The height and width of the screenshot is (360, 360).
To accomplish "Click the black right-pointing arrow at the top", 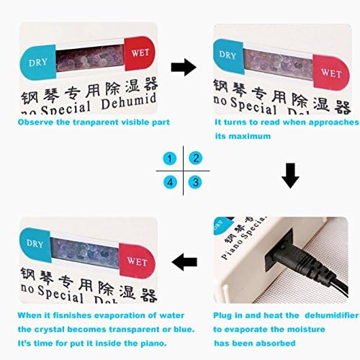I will pyautogui.click(x=184, y=68).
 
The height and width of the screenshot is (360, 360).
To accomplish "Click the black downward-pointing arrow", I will pyautogui.click(x=289, y=175).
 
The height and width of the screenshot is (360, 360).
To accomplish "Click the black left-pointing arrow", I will pyautogui.click(x=184, y=262).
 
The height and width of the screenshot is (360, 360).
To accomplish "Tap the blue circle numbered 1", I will pyautogui.click(x=169, y=158).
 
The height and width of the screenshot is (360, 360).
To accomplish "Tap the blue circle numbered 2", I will pyautogui.click(x=195, y=158).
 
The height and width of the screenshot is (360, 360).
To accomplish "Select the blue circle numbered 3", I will pyautogui.click(x=195, y=182).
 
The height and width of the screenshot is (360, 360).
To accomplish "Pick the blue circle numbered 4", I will pyautogui.click(x=169, y=182).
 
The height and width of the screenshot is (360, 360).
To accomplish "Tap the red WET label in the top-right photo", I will pyautogui.click(x=331, y=73).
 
